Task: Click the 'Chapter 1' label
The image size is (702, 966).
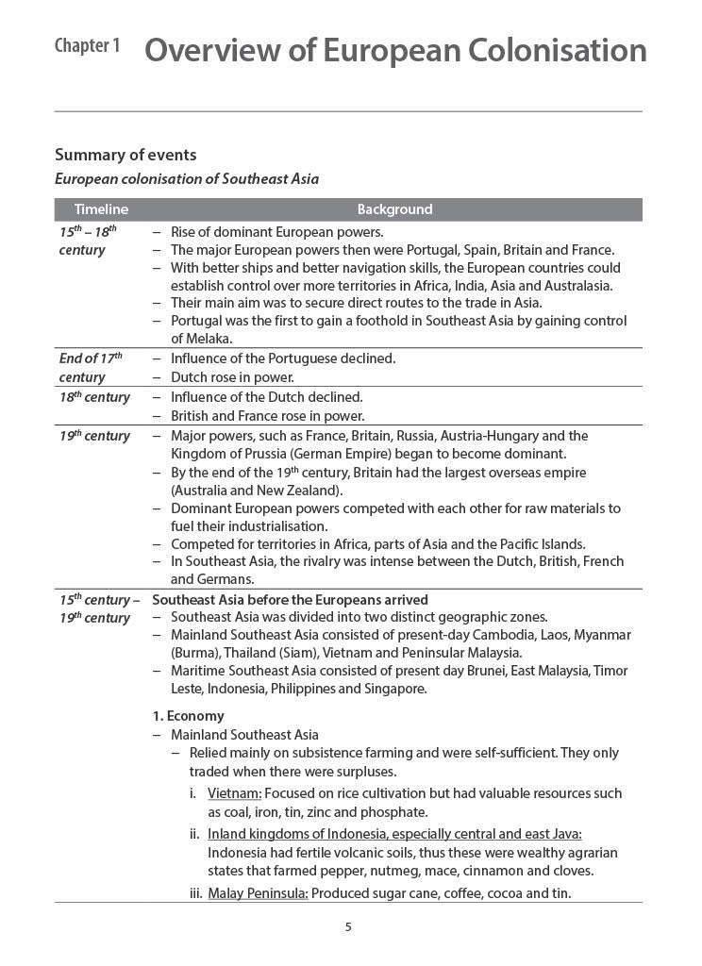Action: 87,46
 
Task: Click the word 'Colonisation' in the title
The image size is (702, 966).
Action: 551,50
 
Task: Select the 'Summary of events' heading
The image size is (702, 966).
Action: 125,155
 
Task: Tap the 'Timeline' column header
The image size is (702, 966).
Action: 101,209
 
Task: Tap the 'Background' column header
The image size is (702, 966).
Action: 394,209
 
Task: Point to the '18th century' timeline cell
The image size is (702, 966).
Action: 94,397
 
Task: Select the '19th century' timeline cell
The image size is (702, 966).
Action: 94,436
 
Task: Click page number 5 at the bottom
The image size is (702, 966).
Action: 348,926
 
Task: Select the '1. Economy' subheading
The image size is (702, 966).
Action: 188,716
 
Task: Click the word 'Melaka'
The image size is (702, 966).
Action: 195,339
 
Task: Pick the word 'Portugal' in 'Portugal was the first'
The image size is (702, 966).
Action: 196,321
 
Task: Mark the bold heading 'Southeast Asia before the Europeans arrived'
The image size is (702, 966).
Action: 290,599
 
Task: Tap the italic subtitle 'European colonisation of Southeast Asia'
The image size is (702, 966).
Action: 187,178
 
